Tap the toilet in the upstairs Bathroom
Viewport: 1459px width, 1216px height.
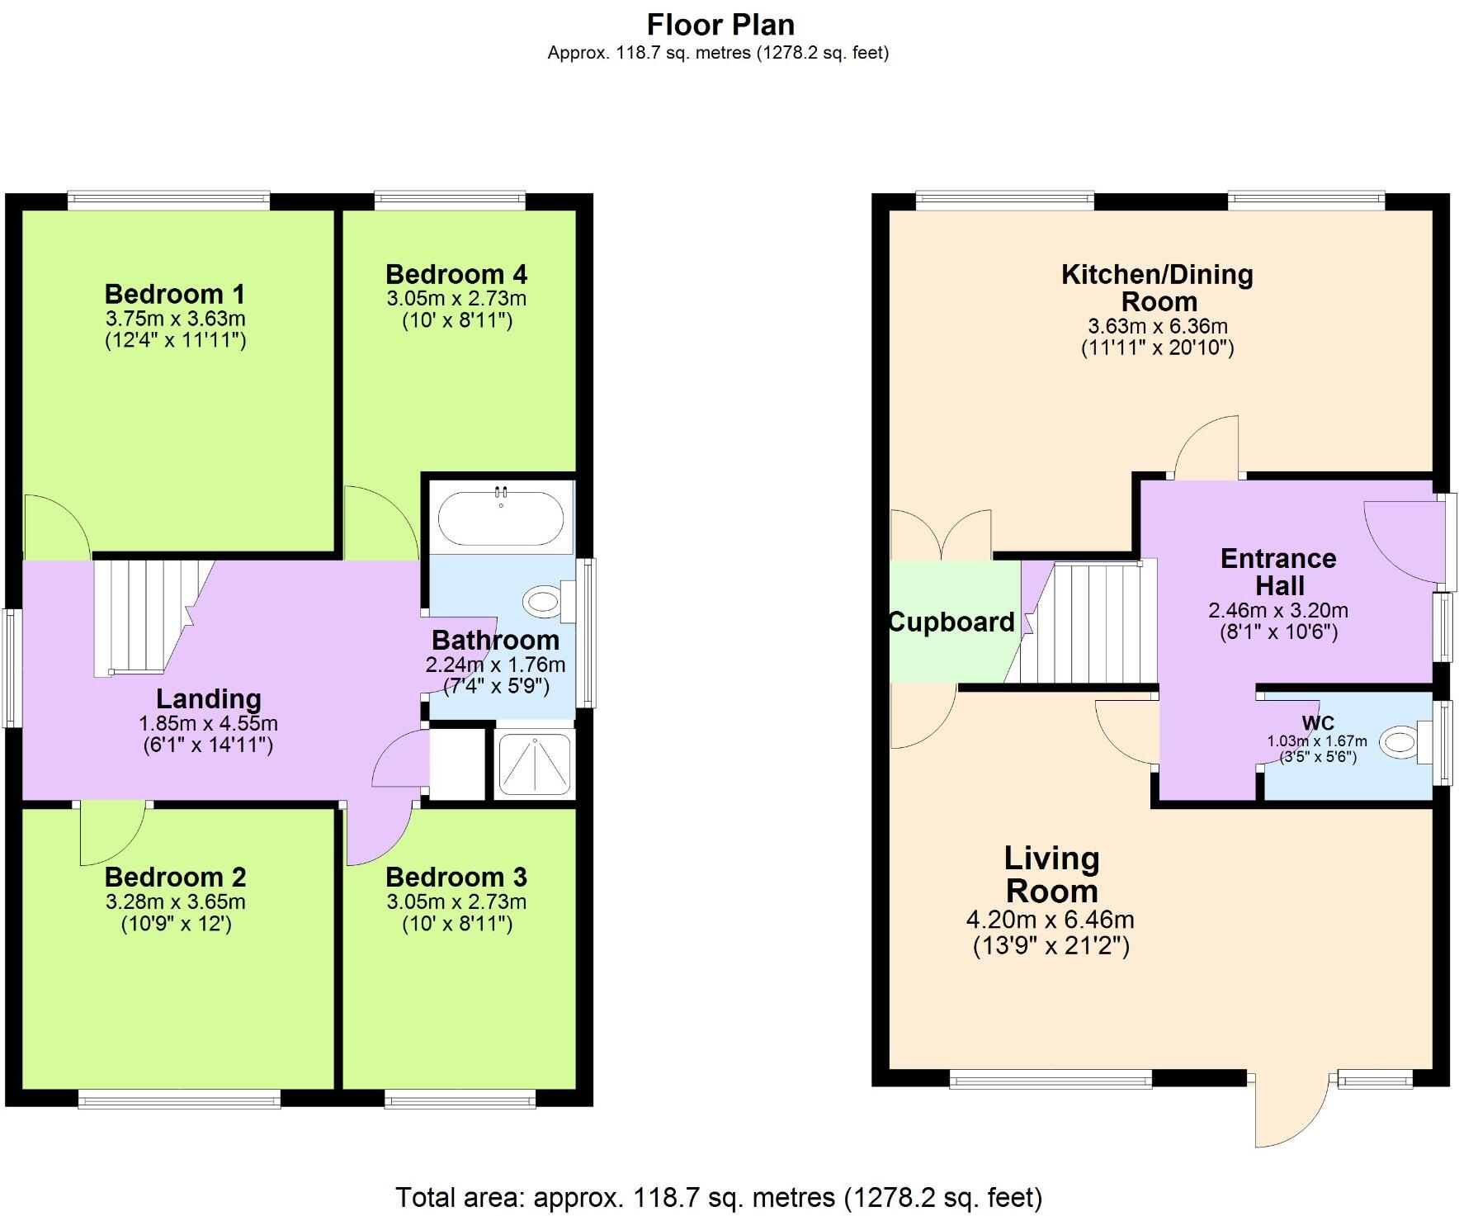(549, 601)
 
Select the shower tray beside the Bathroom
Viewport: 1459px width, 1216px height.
(534, 764)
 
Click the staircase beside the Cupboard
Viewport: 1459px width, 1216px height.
(1089, 623)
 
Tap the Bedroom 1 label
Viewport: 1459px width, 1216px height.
(175, 294)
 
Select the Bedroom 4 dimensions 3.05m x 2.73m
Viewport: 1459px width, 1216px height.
(456, 299)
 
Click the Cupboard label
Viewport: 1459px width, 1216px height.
(951, 622)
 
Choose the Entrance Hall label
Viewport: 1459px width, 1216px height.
(1278, 572)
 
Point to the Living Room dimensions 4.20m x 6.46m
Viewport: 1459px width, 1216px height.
(1051, 920)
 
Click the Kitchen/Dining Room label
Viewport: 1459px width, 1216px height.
(1157, 287)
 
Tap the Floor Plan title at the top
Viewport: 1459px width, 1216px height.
(720, 24)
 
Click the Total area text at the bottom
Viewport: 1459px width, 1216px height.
(719, 1196)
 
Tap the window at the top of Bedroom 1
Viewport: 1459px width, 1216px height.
(168, 199)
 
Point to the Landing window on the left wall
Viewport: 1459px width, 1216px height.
(12, 668)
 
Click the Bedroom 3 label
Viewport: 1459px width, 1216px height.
(456, 877)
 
